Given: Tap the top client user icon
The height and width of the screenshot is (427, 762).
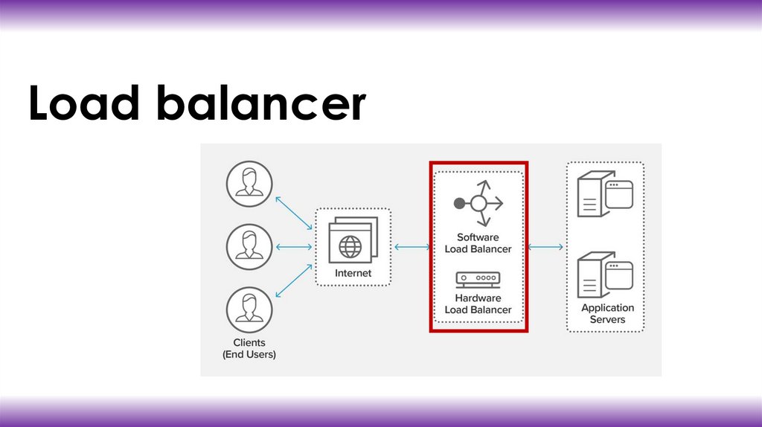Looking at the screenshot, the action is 249,183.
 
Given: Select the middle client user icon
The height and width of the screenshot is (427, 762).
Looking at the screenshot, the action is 249,246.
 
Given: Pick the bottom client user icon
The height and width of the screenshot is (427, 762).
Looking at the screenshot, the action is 249,310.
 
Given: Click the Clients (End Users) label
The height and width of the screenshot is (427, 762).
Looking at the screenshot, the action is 249,349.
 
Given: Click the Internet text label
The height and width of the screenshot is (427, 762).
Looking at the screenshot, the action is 353,274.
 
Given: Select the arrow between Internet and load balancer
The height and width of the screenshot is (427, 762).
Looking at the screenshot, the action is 410,247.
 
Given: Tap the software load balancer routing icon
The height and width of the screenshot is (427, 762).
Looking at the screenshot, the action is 478,203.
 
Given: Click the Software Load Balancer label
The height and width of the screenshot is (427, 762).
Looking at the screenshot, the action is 478,243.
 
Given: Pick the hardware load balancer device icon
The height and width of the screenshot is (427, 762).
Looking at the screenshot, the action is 478,280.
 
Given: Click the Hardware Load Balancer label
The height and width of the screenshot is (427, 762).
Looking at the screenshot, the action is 478,304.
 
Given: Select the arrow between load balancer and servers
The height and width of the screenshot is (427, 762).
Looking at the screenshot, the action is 545,247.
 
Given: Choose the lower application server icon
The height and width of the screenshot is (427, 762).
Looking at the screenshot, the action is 605,275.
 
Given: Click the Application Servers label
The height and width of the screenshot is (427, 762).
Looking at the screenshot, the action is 607,313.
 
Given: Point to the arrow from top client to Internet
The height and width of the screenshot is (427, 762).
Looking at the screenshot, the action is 293,212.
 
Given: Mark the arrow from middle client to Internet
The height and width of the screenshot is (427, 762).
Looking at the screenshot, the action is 293,247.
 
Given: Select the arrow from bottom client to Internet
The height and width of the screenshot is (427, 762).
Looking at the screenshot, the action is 293,280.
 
